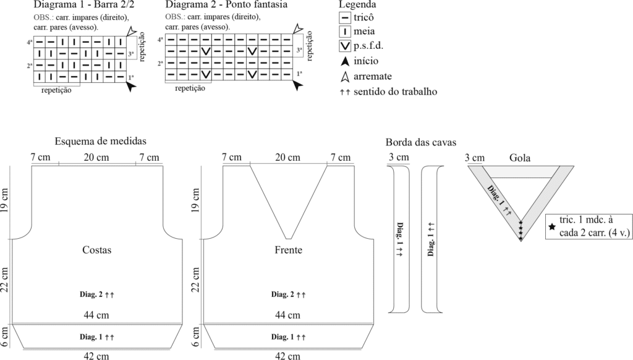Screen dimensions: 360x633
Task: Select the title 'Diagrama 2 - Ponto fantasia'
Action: pos(218,5)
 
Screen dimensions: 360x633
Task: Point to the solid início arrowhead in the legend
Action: pos(346,61)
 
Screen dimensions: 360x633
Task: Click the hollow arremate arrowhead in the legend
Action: pos(346,76)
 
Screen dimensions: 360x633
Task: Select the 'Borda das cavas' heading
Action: pos(420,142)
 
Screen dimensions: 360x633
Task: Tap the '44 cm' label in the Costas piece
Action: pos(97,315)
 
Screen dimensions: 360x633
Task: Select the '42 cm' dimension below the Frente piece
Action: pos(288,356)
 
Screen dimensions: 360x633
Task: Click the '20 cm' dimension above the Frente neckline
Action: pos(288,157)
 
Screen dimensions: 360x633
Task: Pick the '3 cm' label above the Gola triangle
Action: pos(474,157)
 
